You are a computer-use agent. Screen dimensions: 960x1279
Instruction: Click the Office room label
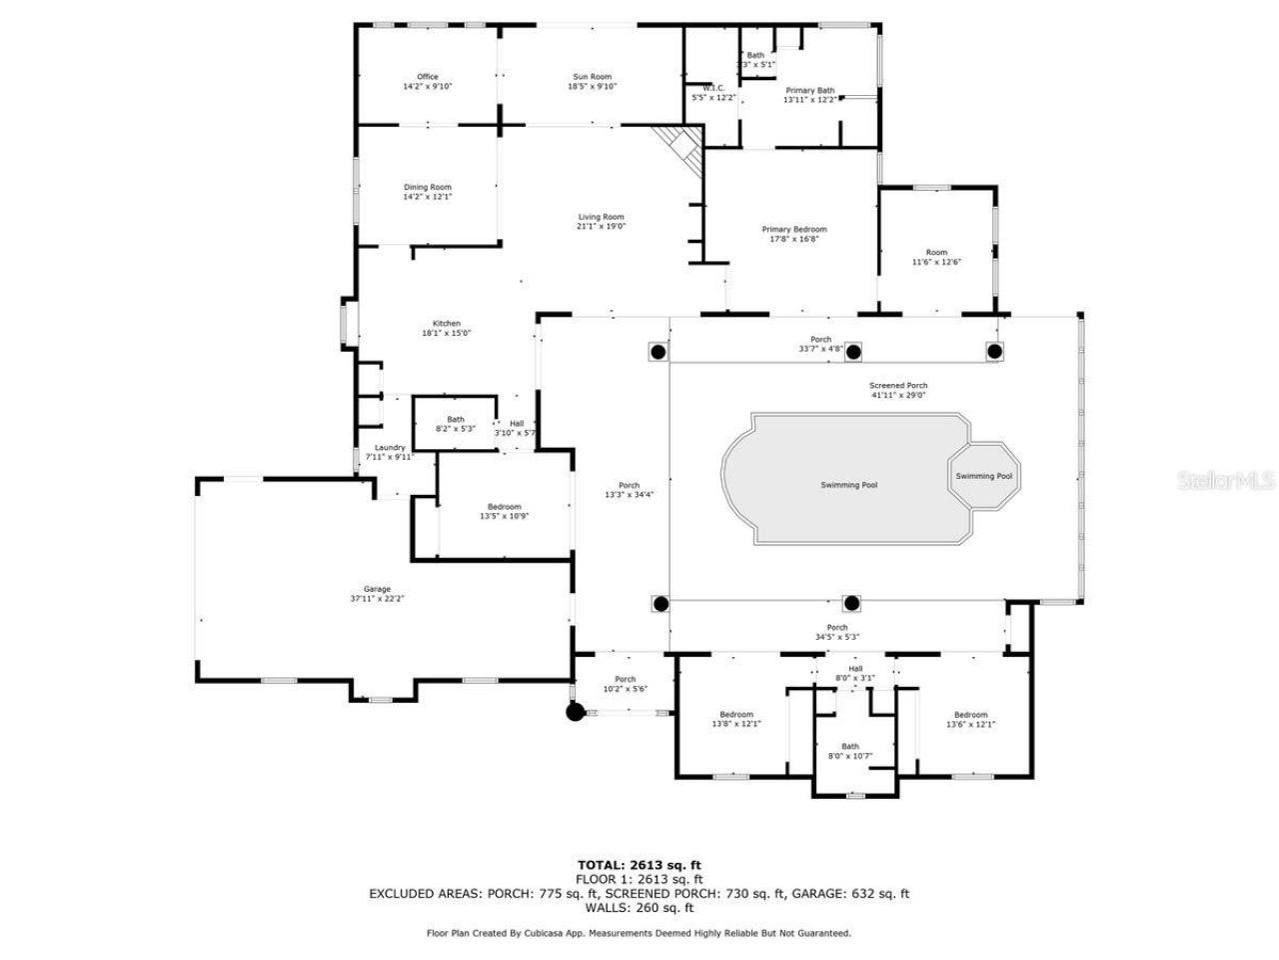[428, 77]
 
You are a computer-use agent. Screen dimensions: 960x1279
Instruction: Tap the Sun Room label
[592, 77]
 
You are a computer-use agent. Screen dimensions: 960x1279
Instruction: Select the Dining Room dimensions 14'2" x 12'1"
[428, 197]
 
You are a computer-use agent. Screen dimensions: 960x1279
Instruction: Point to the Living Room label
[601, 217]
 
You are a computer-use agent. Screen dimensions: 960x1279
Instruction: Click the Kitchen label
[446, 323]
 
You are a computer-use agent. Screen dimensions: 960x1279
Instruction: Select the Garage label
[377, 589]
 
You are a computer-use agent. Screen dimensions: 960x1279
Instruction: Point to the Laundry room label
[390, 447]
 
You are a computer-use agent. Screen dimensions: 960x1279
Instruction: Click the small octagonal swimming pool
[983, 476]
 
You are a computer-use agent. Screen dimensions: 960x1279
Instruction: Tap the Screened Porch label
[898, 385]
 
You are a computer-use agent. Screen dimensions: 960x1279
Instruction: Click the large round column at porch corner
[575, 712]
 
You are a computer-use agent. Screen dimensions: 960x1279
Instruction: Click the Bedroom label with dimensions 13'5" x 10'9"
[504, 507]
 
